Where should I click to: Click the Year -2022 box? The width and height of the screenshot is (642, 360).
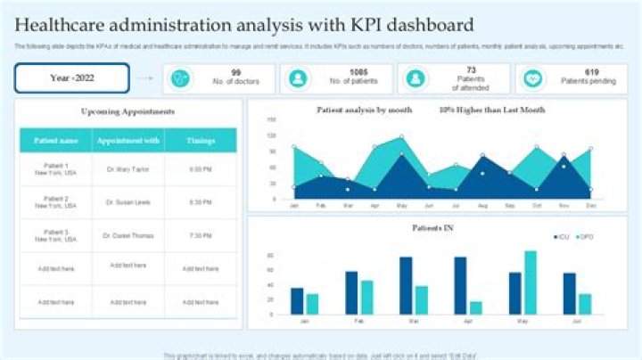(72, 78)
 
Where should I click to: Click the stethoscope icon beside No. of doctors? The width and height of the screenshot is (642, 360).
(181, 78)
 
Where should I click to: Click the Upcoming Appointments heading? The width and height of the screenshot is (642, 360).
(128, 111)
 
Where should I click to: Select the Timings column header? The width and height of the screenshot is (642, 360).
(201, 140)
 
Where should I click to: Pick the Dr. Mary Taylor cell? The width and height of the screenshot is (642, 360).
(128, 168)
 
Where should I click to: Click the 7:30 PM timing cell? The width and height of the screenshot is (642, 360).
(201, 236)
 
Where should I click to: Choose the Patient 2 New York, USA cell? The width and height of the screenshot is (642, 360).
(54, 202)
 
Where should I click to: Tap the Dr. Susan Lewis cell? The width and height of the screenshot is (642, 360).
(128, 202)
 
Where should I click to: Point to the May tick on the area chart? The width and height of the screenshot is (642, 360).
(400, 206)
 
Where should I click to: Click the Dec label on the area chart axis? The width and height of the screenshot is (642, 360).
(590, 206)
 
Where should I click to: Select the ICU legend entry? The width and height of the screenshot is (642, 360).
(560, 236)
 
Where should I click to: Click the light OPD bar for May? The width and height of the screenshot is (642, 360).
(531, 282)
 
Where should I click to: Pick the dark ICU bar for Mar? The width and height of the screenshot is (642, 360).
(406, 285)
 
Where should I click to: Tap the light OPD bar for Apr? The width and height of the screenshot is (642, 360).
(476, 307)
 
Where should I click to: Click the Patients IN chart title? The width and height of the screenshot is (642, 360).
(433, 228)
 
